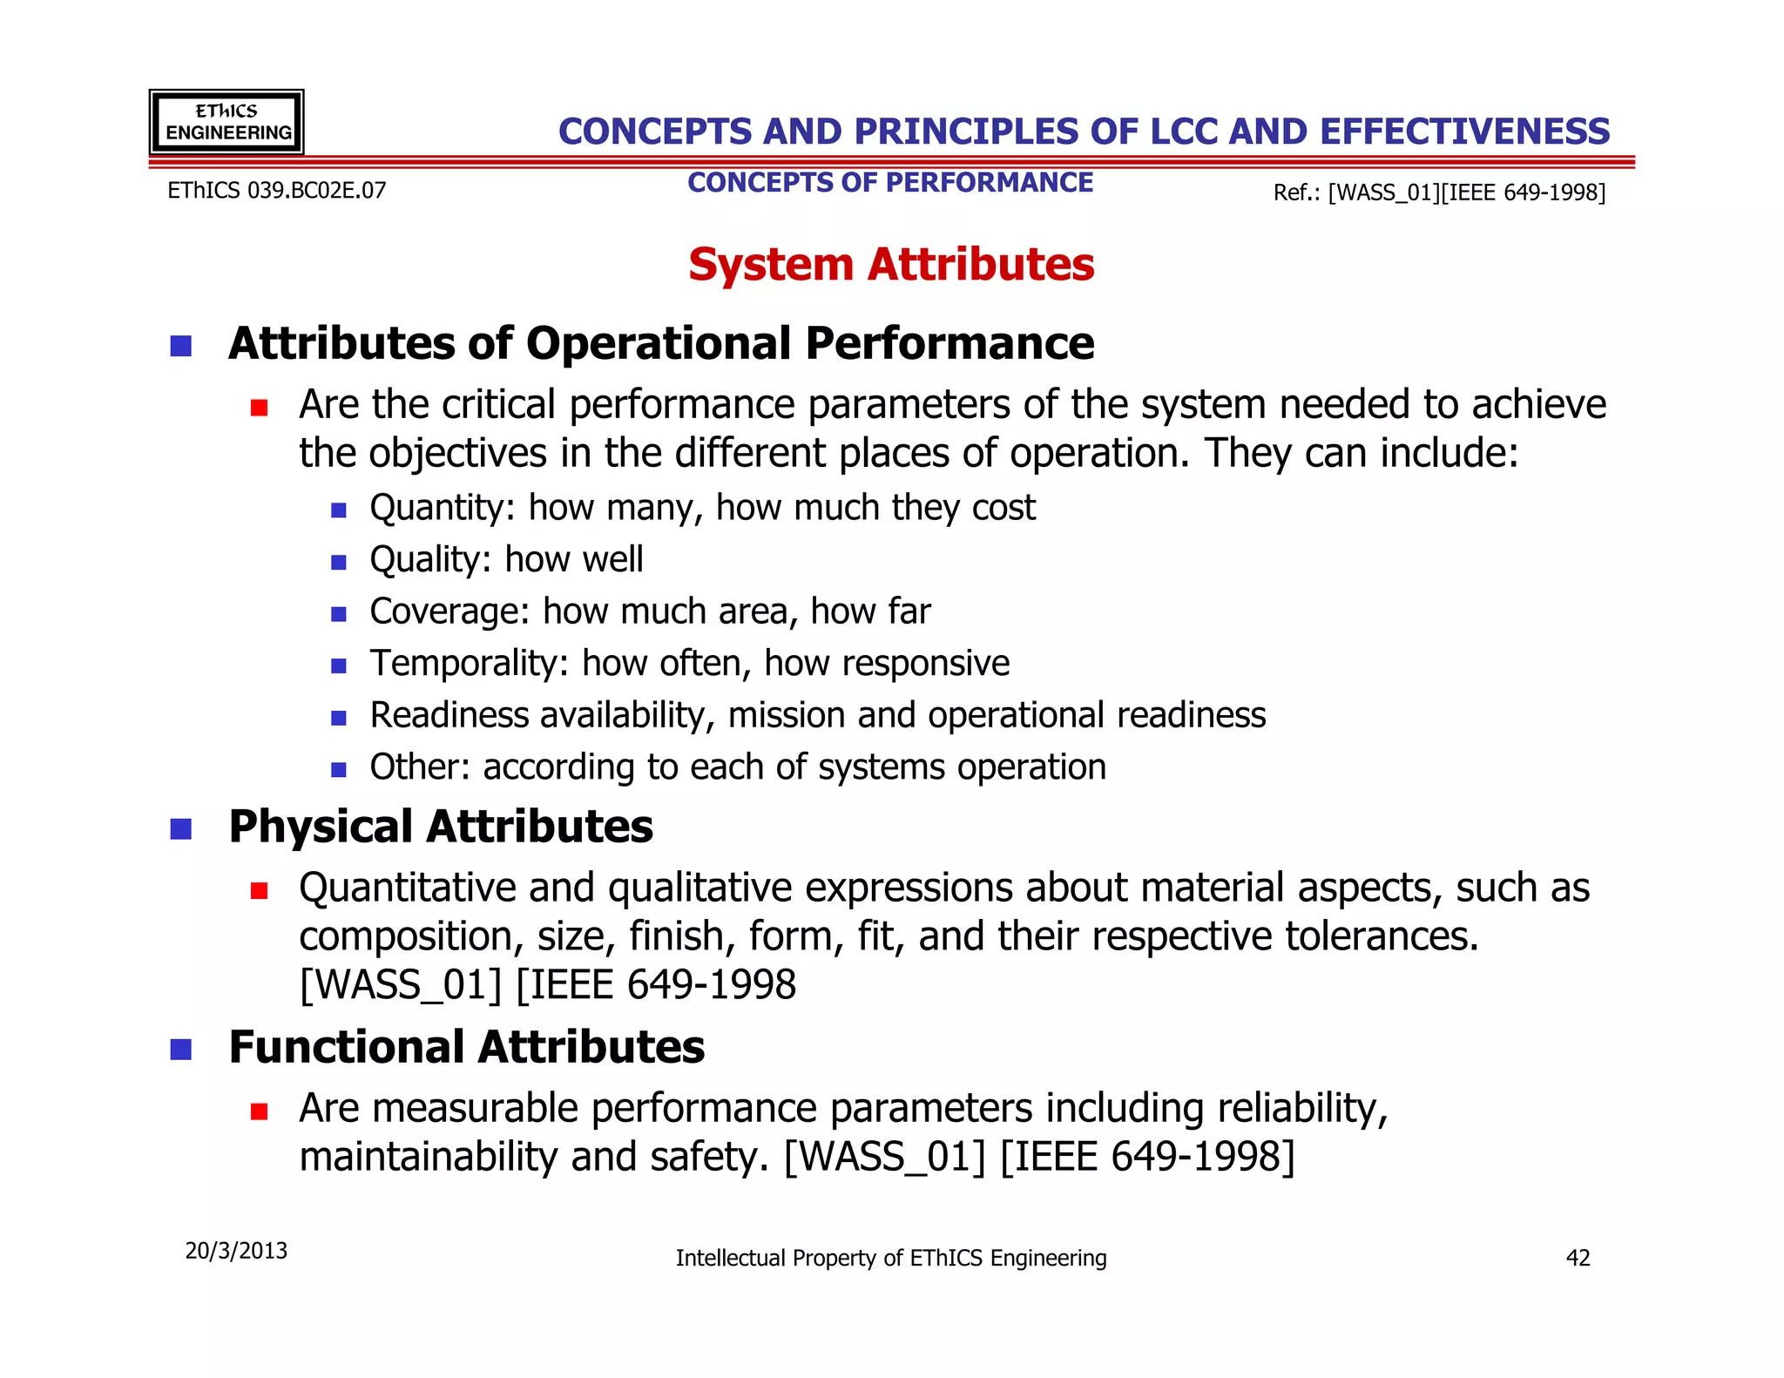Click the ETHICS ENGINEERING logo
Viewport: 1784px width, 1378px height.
[x=226, y=122]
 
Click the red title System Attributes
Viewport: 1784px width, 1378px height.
[x=890, y=265]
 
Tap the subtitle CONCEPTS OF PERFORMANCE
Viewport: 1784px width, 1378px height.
[x=889, y=183]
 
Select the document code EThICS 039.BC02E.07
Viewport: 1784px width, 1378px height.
[x=276, y=191]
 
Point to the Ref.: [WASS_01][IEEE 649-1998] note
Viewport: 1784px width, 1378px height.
[x=1438, y=193]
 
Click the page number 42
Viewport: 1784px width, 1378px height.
[x=1578, y=1258]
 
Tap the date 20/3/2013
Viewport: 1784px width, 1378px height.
[x=236, y=1251]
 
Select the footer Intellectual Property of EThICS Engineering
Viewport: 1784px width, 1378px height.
[x=890, y=1258]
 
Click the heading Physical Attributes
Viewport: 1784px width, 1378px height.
[x=440, y=827]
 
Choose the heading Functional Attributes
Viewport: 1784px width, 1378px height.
[x=466, y=1047]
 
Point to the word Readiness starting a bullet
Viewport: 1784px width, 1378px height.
[x=449, y=715]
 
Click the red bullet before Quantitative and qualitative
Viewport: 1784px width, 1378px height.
[x=259, y=891]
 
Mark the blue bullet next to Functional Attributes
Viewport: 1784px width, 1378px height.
[x=180, y=1050]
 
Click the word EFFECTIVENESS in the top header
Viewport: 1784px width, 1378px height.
[x=1464, y=132]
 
